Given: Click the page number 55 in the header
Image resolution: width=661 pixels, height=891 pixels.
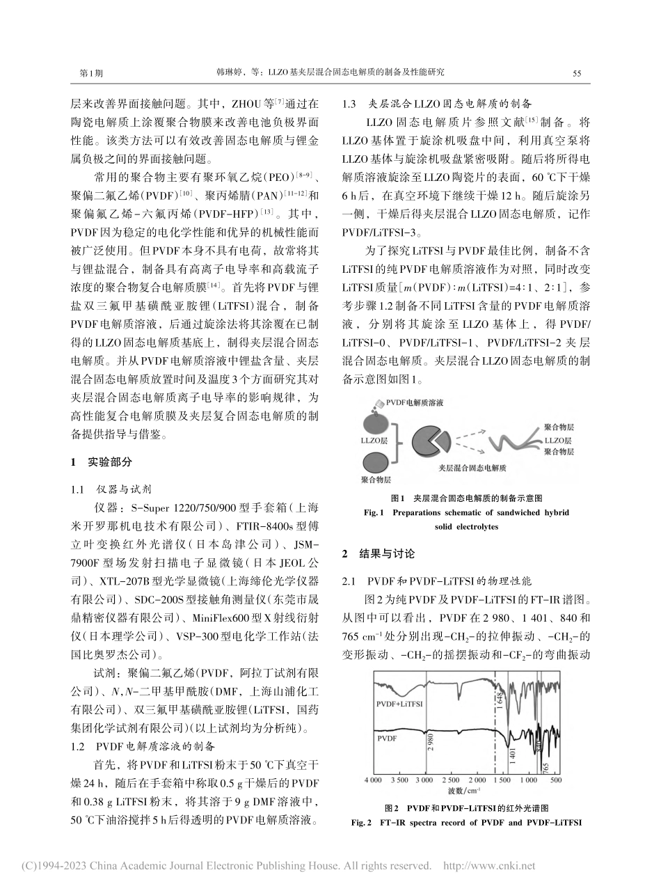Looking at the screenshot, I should [x=576, y=72].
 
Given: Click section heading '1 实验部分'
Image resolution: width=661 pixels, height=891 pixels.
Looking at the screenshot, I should [x=101, y=462].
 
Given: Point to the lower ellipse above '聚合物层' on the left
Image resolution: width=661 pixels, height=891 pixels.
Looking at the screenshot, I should [x=376, y=462].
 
